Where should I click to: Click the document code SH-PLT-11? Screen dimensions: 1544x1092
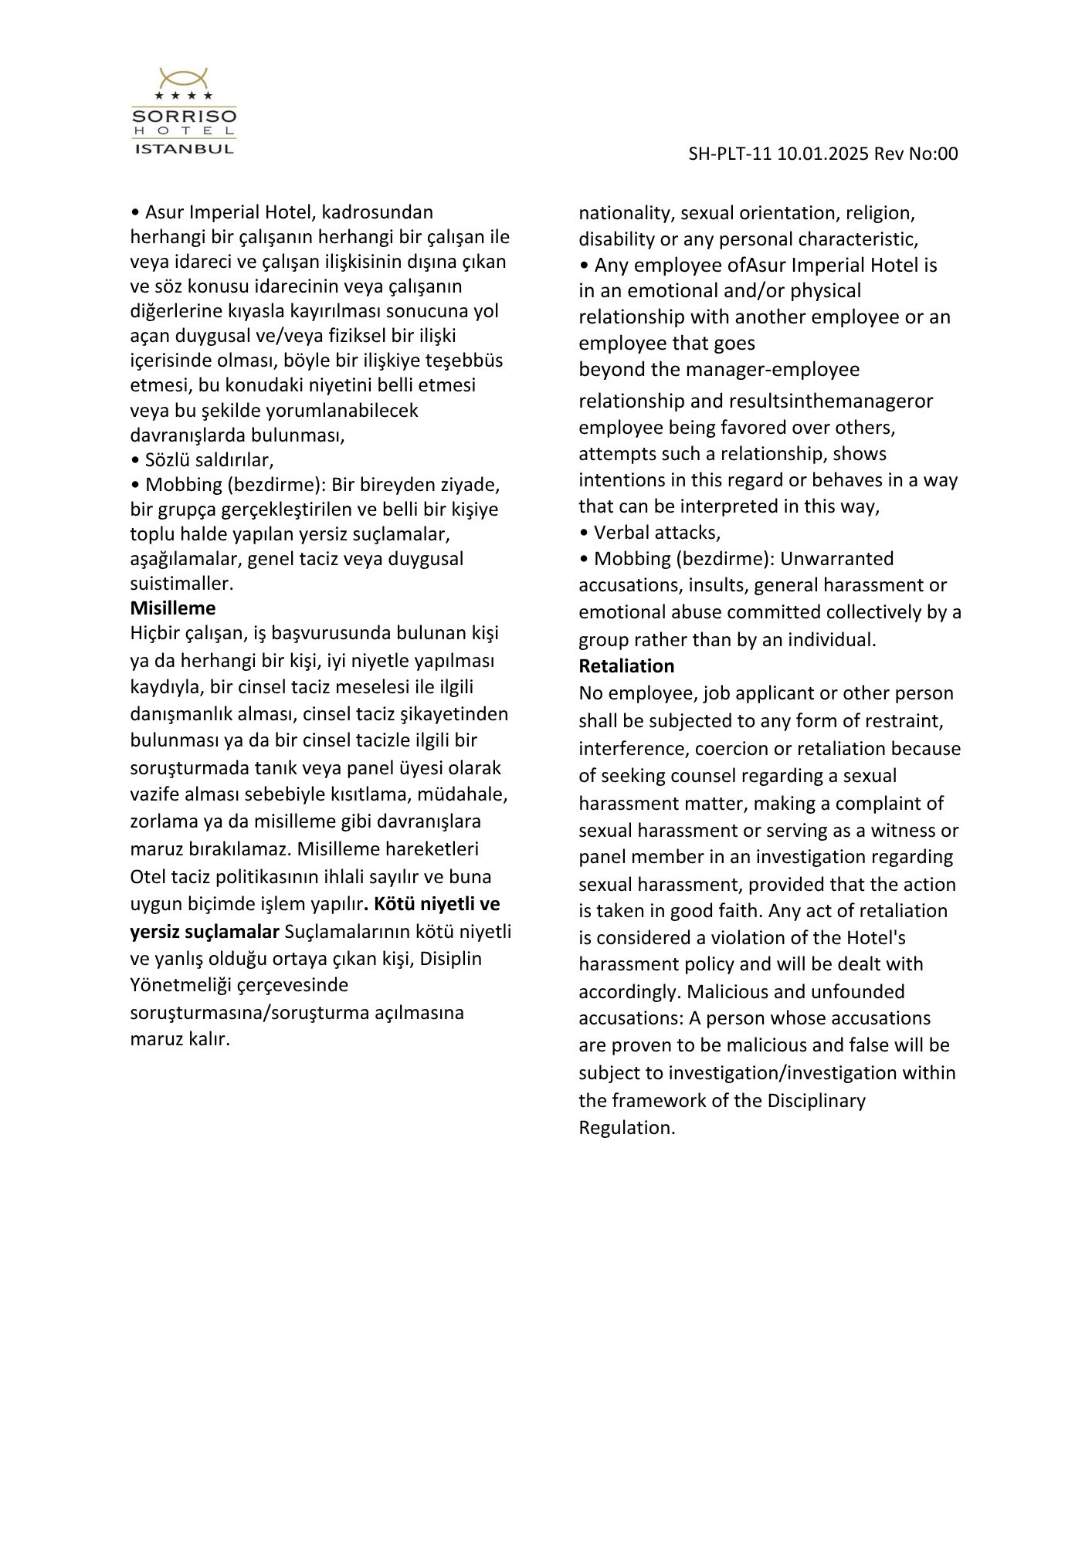(730, 154)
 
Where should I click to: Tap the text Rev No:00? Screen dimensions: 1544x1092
(916, 154)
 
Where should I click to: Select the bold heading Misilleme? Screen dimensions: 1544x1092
(173, 608)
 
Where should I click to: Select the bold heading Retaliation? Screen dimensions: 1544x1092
(626, 665)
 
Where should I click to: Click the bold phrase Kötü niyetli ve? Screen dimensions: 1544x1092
(437, 903)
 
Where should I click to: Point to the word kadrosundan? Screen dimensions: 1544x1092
(377, 212)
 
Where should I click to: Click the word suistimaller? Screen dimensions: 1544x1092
(181, 583)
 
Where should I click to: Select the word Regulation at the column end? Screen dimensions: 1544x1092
(626, 1127)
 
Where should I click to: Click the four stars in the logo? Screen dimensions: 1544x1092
(184, 96)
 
